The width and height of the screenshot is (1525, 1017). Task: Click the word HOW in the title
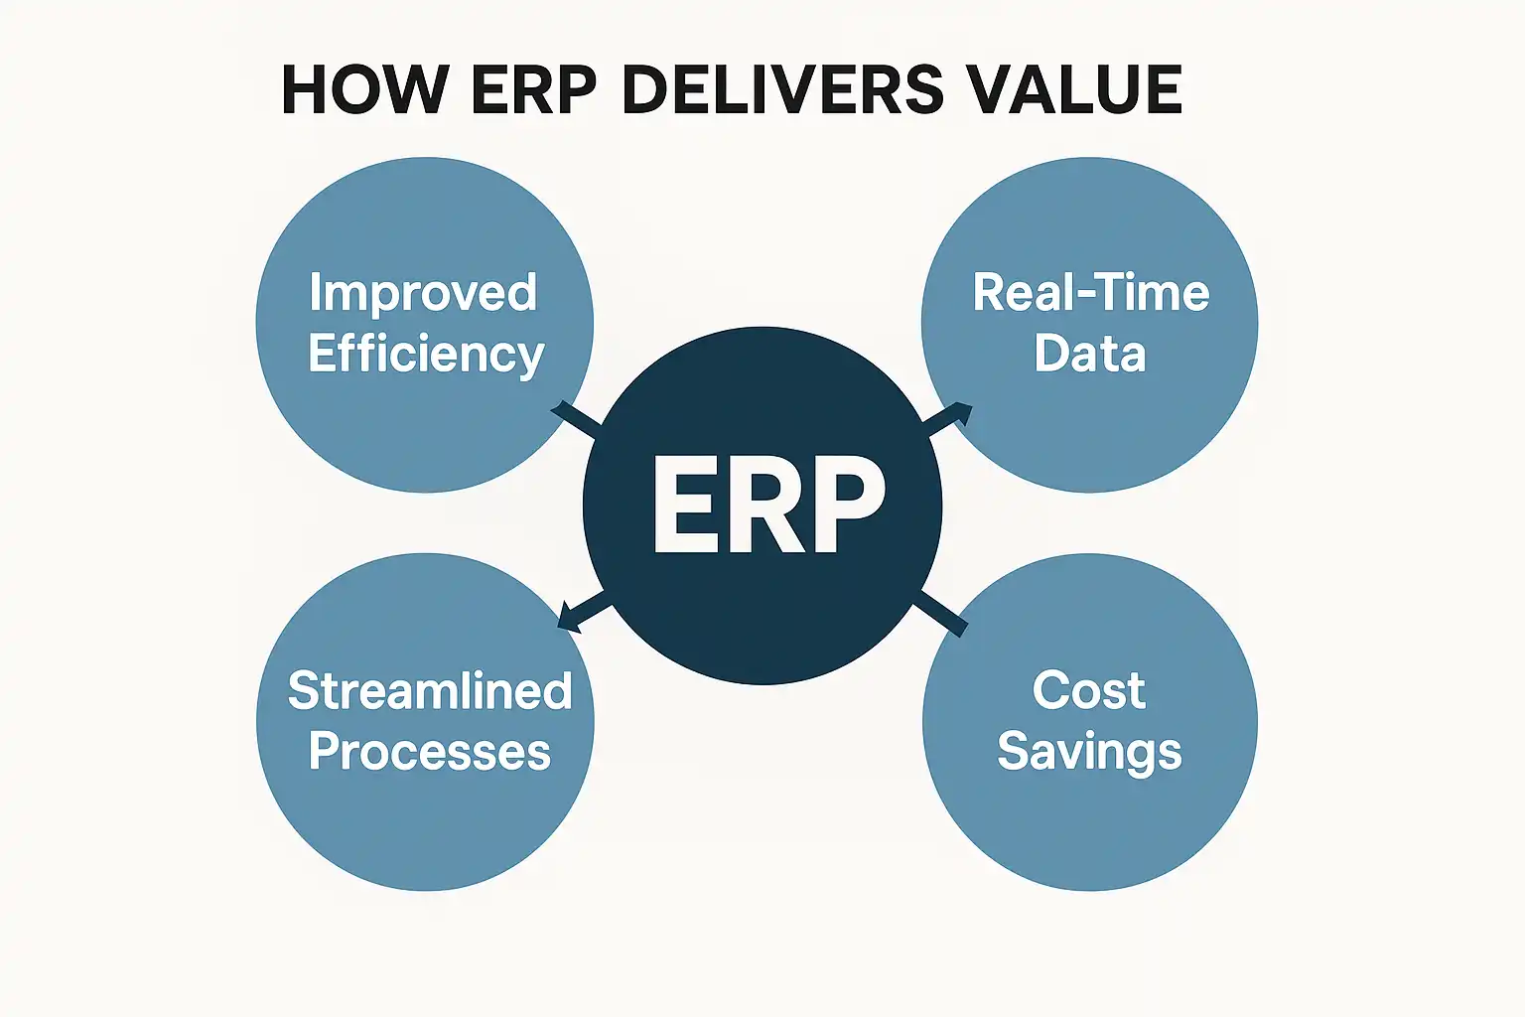coord(365,89)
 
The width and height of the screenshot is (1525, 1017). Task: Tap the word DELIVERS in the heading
coord(783,89)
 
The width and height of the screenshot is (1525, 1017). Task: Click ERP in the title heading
coord(534,89)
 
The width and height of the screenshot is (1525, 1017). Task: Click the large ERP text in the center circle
coord(768,505)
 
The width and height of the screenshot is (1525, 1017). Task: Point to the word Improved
coord(424,292)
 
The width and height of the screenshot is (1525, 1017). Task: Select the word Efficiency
coord(426,353)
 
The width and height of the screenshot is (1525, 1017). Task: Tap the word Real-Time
coord(1091,292)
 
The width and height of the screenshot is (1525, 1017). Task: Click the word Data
coord(1090,353)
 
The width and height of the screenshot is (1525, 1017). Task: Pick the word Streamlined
coord(430,690)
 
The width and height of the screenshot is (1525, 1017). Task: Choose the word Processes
coord(430,751)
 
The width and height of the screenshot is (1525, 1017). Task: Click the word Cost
coord(1088,690)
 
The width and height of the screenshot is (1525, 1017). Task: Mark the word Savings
coord(1089,752)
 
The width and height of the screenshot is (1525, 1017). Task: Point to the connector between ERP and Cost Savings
coord(940,612)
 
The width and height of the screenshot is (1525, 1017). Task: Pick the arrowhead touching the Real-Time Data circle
coord(962,412)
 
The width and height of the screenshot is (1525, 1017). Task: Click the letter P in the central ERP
coord(851,505)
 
